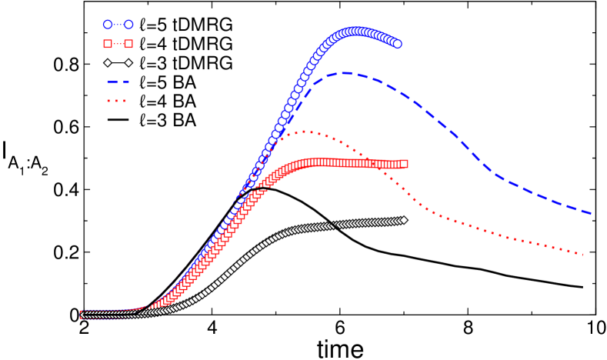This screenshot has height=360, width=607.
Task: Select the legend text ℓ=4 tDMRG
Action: [184, 42]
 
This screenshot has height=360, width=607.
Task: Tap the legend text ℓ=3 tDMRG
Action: [184, 62]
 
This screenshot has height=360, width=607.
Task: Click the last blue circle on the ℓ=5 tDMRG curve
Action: [398, 44]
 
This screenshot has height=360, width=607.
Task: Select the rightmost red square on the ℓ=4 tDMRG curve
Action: [405, 164]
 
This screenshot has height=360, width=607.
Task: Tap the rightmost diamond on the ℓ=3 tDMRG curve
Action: [404, 221]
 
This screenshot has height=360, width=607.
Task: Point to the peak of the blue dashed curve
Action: [345, 73]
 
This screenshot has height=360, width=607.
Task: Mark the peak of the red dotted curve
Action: [306, 132]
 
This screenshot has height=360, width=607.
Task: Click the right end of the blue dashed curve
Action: [592, 213]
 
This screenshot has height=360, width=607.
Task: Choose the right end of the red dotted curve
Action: [585, 254]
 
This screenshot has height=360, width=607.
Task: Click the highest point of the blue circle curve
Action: [358, 32]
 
